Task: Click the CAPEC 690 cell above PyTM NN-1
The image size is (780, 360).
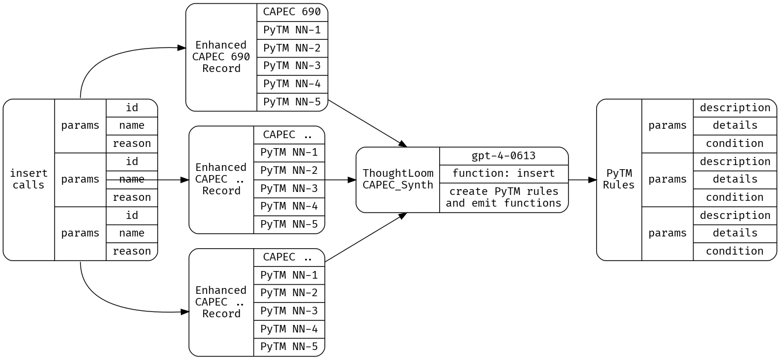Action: [x=292, y=12]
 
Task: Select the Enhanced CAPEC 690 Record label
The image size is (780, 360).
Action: [x=221, y=57]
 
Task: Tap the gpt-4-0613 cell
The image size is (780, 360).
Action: [x=503, y=156]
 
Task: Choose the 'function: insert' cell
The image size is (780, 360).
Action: [x=503, y=173]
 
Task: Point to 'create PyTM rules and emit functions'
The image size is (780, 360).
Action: [x=503, y=197]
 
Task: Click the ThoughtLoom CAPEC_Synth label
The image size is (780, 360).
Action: [x=398, y=179]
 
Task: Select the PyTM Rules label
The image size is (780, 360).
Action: [x=618, y=179]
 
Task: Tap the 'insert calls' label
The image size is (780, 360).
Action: [x=29, y=179]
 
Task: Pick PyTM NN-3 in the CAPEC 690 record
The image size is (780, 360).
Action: [x=292, y=66]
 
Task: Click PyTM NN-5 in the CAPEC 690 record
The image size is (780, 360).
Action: [x=292, y=102]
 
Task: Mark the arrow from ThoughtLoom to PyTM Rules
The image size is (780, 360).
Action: [x=582, y=180]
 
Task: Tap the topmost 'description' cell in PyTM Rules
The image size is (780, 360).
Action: [x=734, y=108]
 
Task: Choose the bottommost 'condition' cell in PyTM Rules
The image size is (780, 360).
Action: [x=734, y=251]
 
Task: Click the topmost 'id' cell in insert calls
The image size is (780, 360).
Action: [x=132, y=108]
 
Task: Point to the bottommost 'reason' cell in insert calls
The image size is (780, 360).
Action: [x=132, y=251]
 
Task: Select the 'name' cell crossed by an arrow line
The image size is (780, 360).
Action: [x=132, y=179]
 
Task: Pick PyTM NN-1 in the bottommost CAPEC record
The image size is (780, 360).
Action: [x=289, y=275]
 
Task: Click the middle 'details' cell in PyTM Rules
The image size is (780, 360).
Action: [x=734, y=179]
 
